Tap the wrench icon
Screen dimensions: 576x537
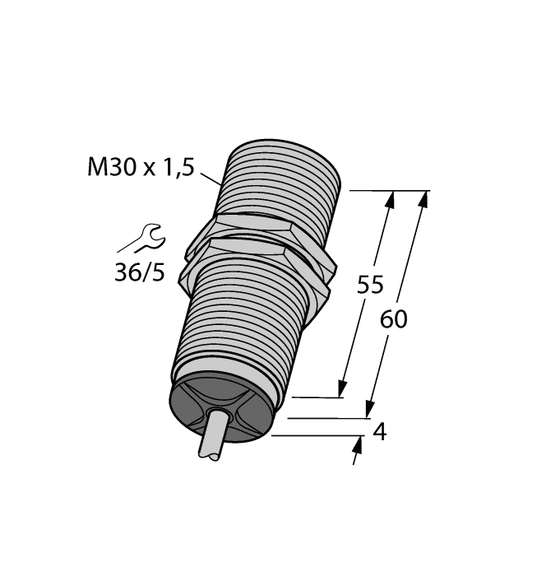pyautogui.click(x=151, y=239)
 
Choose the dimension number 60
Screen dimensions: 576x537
pyautogui.click(x=394, y=319)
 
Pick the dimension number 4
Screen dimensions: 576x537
pyautogui.click(x=379, y=431)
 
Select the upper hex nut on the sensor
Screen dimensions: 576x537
pyautogui.click(x=247, y=227)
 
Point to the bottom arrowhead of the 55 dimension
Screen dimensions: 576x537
pyautogui.click(x=341, y=388)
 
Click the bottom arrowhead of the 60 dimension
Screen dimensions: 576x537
pyautogui.click(x=370, y=409)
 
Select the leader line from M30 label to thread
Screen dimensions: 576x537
pyautogui.click(x=210, y=177)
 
